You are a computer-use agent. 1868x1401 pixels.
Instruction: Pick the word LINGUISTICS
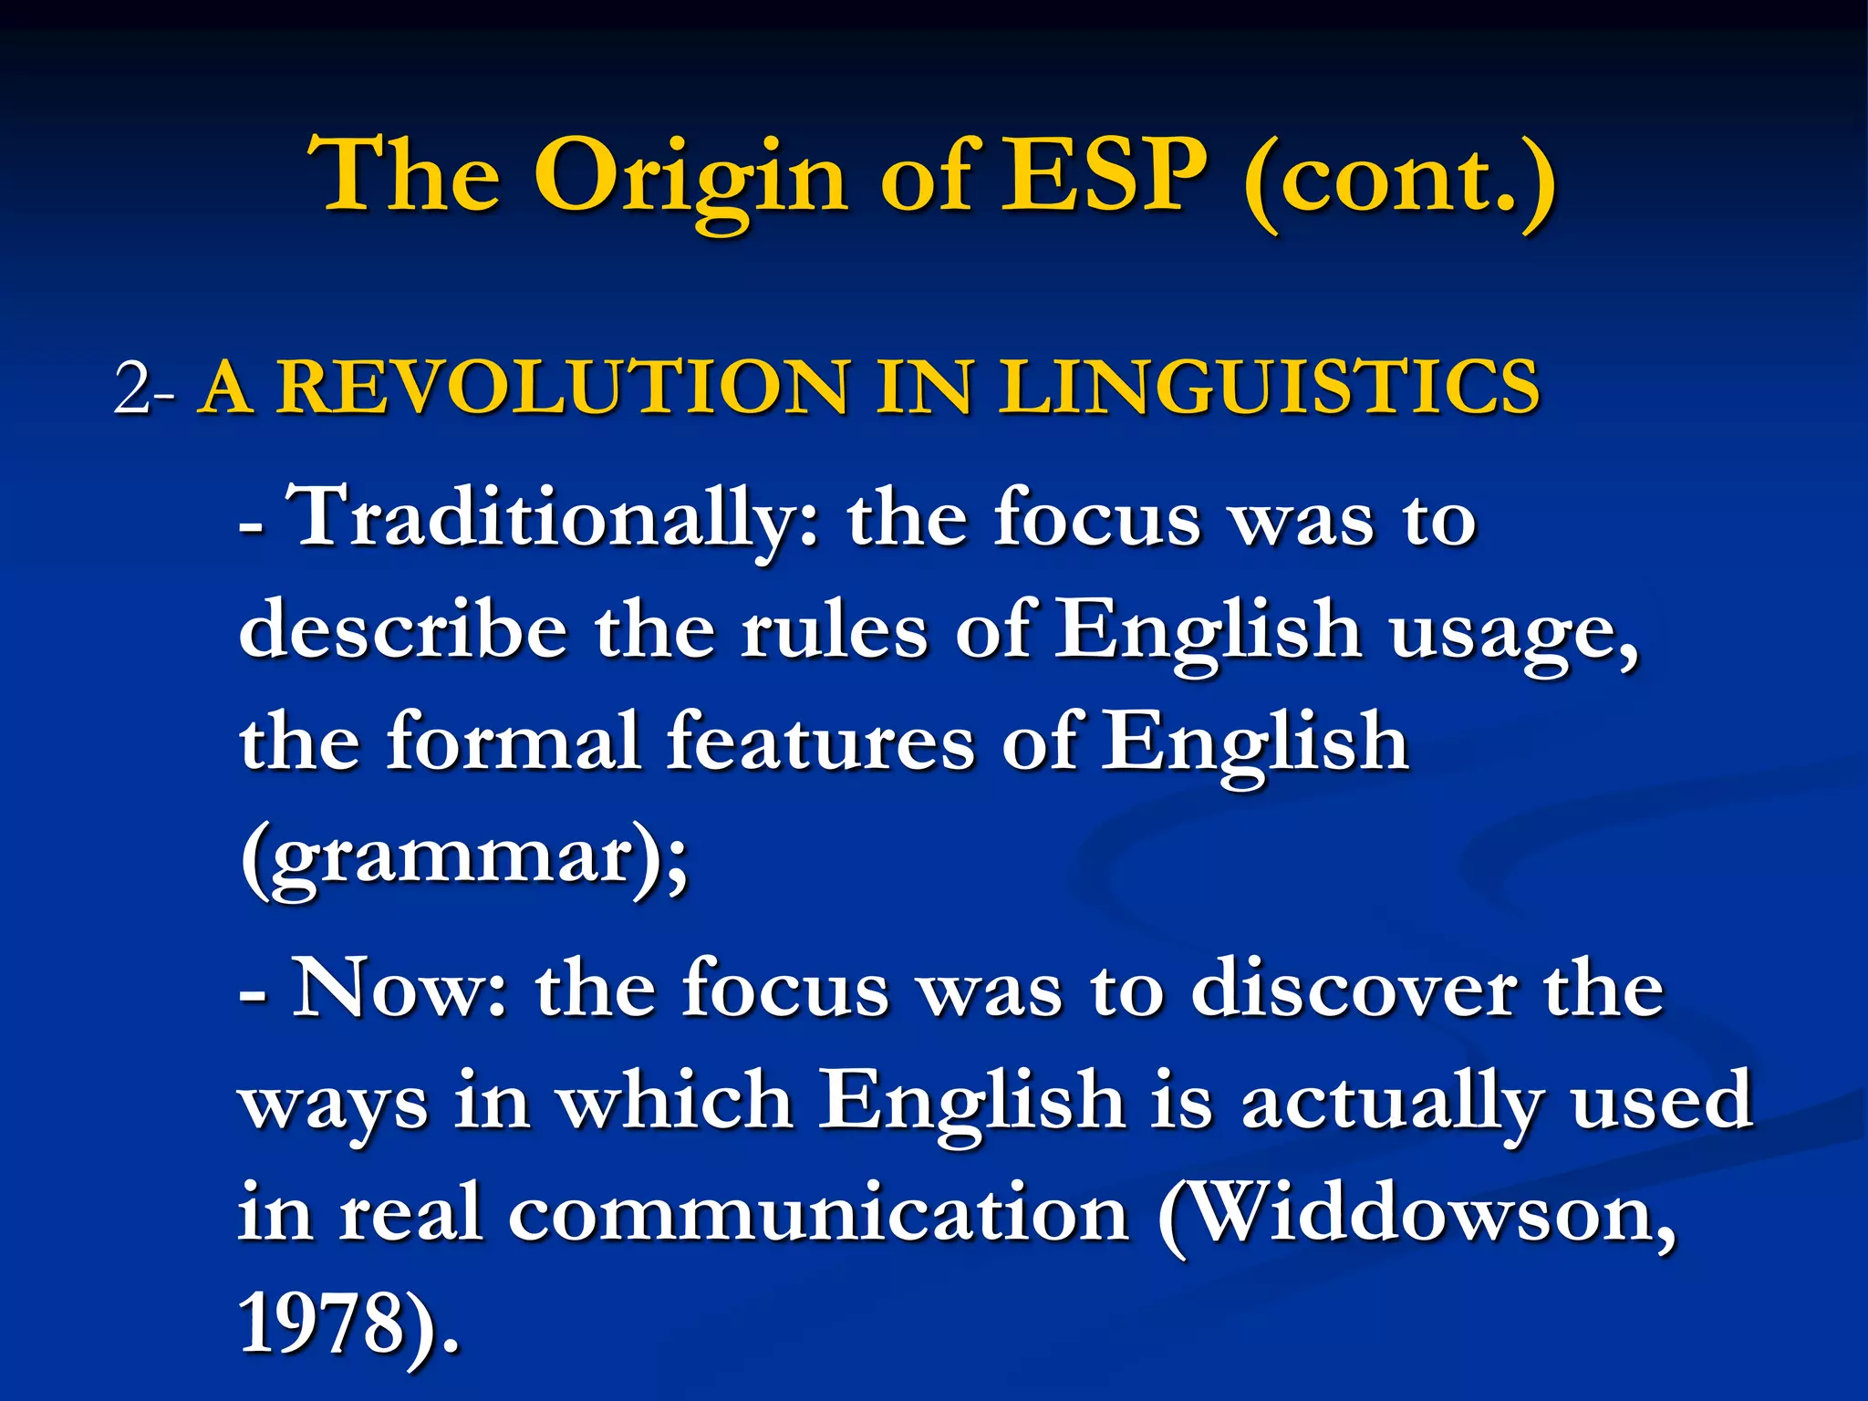pyautogui.click(x=1269, y=387)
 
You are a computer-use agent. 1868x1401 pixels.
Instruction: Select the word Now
pyautogui.click(x=397, y=989)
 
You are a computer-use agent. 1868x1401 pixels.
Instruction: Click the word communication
pyautogui.click(x=819, y=1215)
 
